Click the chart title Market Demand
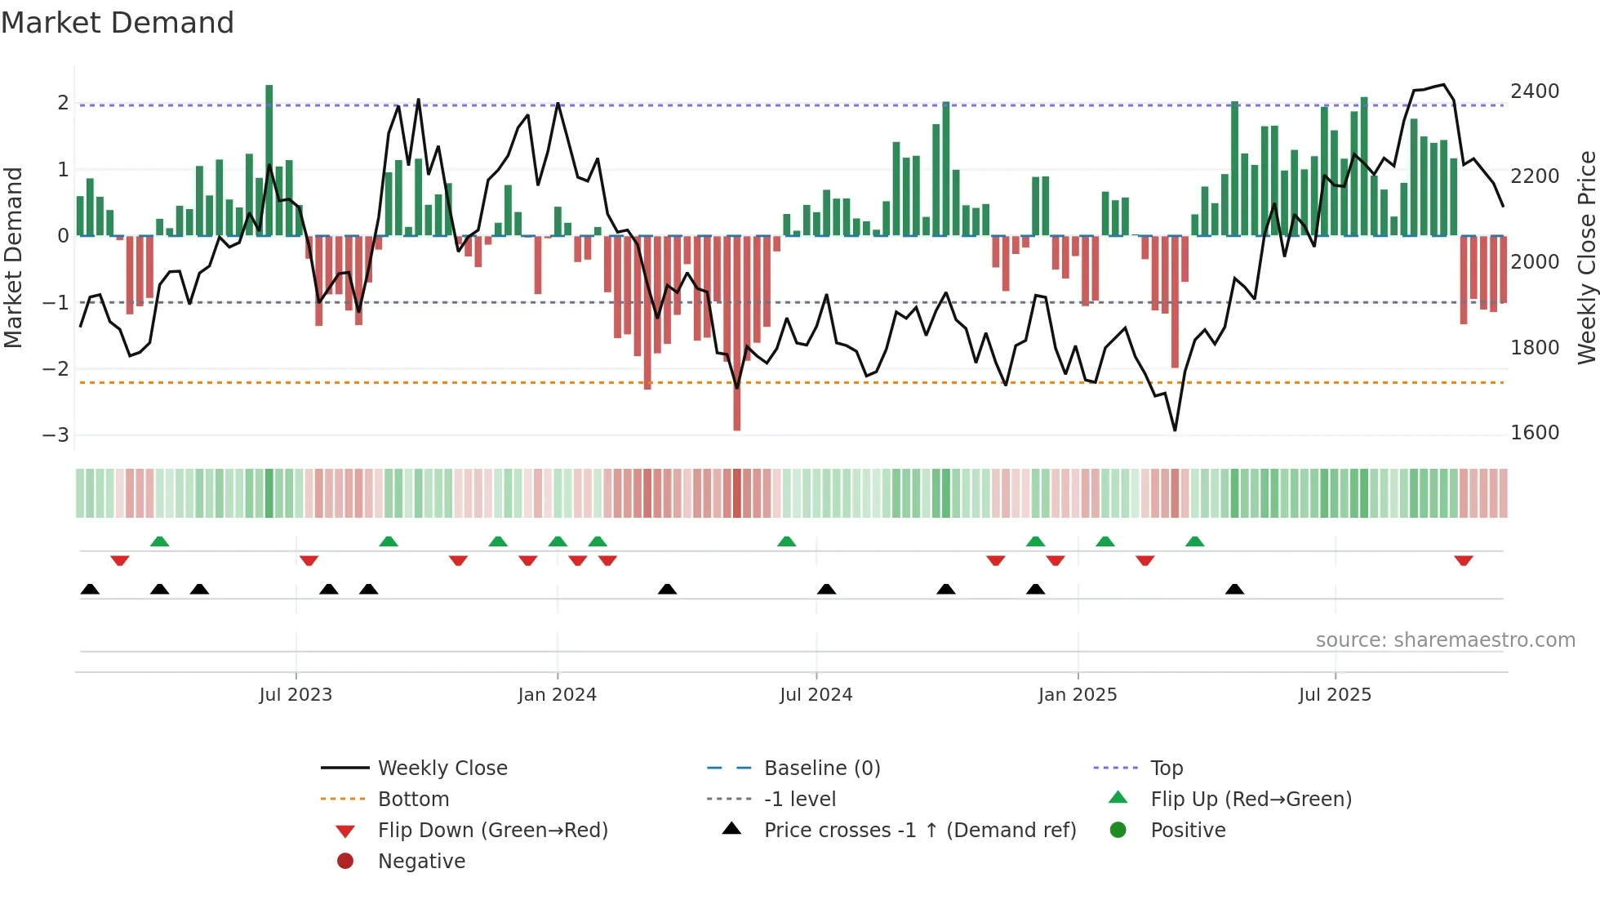click(x=118, y=23)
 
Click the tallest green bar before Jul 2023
click(x=269, y=159)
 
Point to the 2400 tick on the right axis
click(x=1534, y=91)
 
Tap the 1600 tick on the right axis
click(x=1534, y=433)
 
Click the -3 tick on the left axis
click(x=56, y=434)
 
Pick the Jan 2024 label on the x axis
click(x=557, y=695)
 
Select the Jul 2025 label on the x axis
click(x=1335, y=695)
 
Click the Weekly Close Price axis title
click(x=1586, y=257)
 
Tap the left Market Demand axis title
click(x=13, y=257)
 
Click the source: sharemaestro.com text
click(x=1445, y=640)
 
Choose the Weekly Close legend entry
click(x=442, y=769)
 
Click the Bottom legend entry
click(x=413, y=800)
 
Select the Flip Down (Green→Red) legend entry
click(x=492, y=831)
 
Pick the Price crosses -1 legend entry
click(x=919, y=831)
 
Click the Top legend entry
click(x=1166, y=769)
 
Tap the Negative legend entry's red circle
click(x=345, y=862)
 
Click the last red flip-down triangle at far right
click(x=1463, y=560)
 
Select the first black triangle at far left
click(x=90, y=589)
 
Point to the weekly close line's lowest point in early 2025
click(x=1175, y=430)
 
